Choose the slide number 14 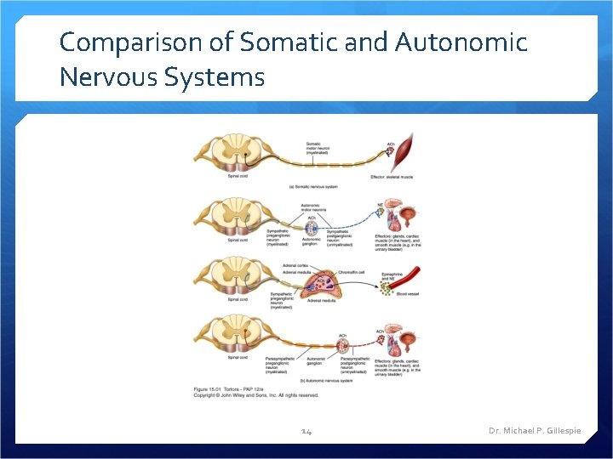pyautogui.click(x=306, y=432)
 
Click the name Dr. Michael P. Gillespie pyautogui.click(x=535, y=431)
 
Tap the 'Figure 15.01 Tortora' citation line pyautogui.click(x=231, y=389)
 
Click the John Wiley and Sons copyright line pyautogui.click(x=256, y=395)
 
